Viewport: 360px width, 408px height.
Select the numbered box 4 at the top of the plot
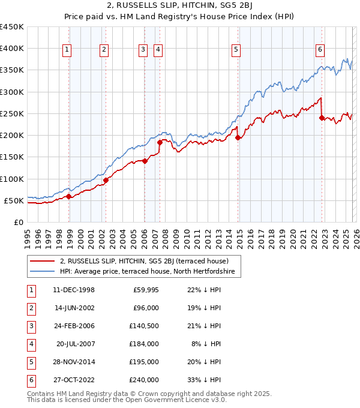(x=158, y=50)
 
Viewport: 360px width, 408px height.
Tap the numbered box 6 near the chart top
(x=320, y=50)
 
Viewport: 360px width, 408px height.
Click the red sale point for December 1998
(x=69, y=196)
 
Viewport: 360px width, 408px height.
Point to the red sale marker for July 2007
(x=160, y=142)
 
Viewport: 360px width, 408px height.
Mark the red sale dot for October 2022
(x=322, y=118)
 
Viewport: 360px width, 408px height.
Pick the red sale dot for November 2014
(x=238, y=137)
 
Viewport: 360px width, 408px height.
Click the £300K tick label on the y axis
(x=12, y=92)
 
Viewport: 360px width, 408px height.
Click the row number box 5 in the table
(x=30, y=362)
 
